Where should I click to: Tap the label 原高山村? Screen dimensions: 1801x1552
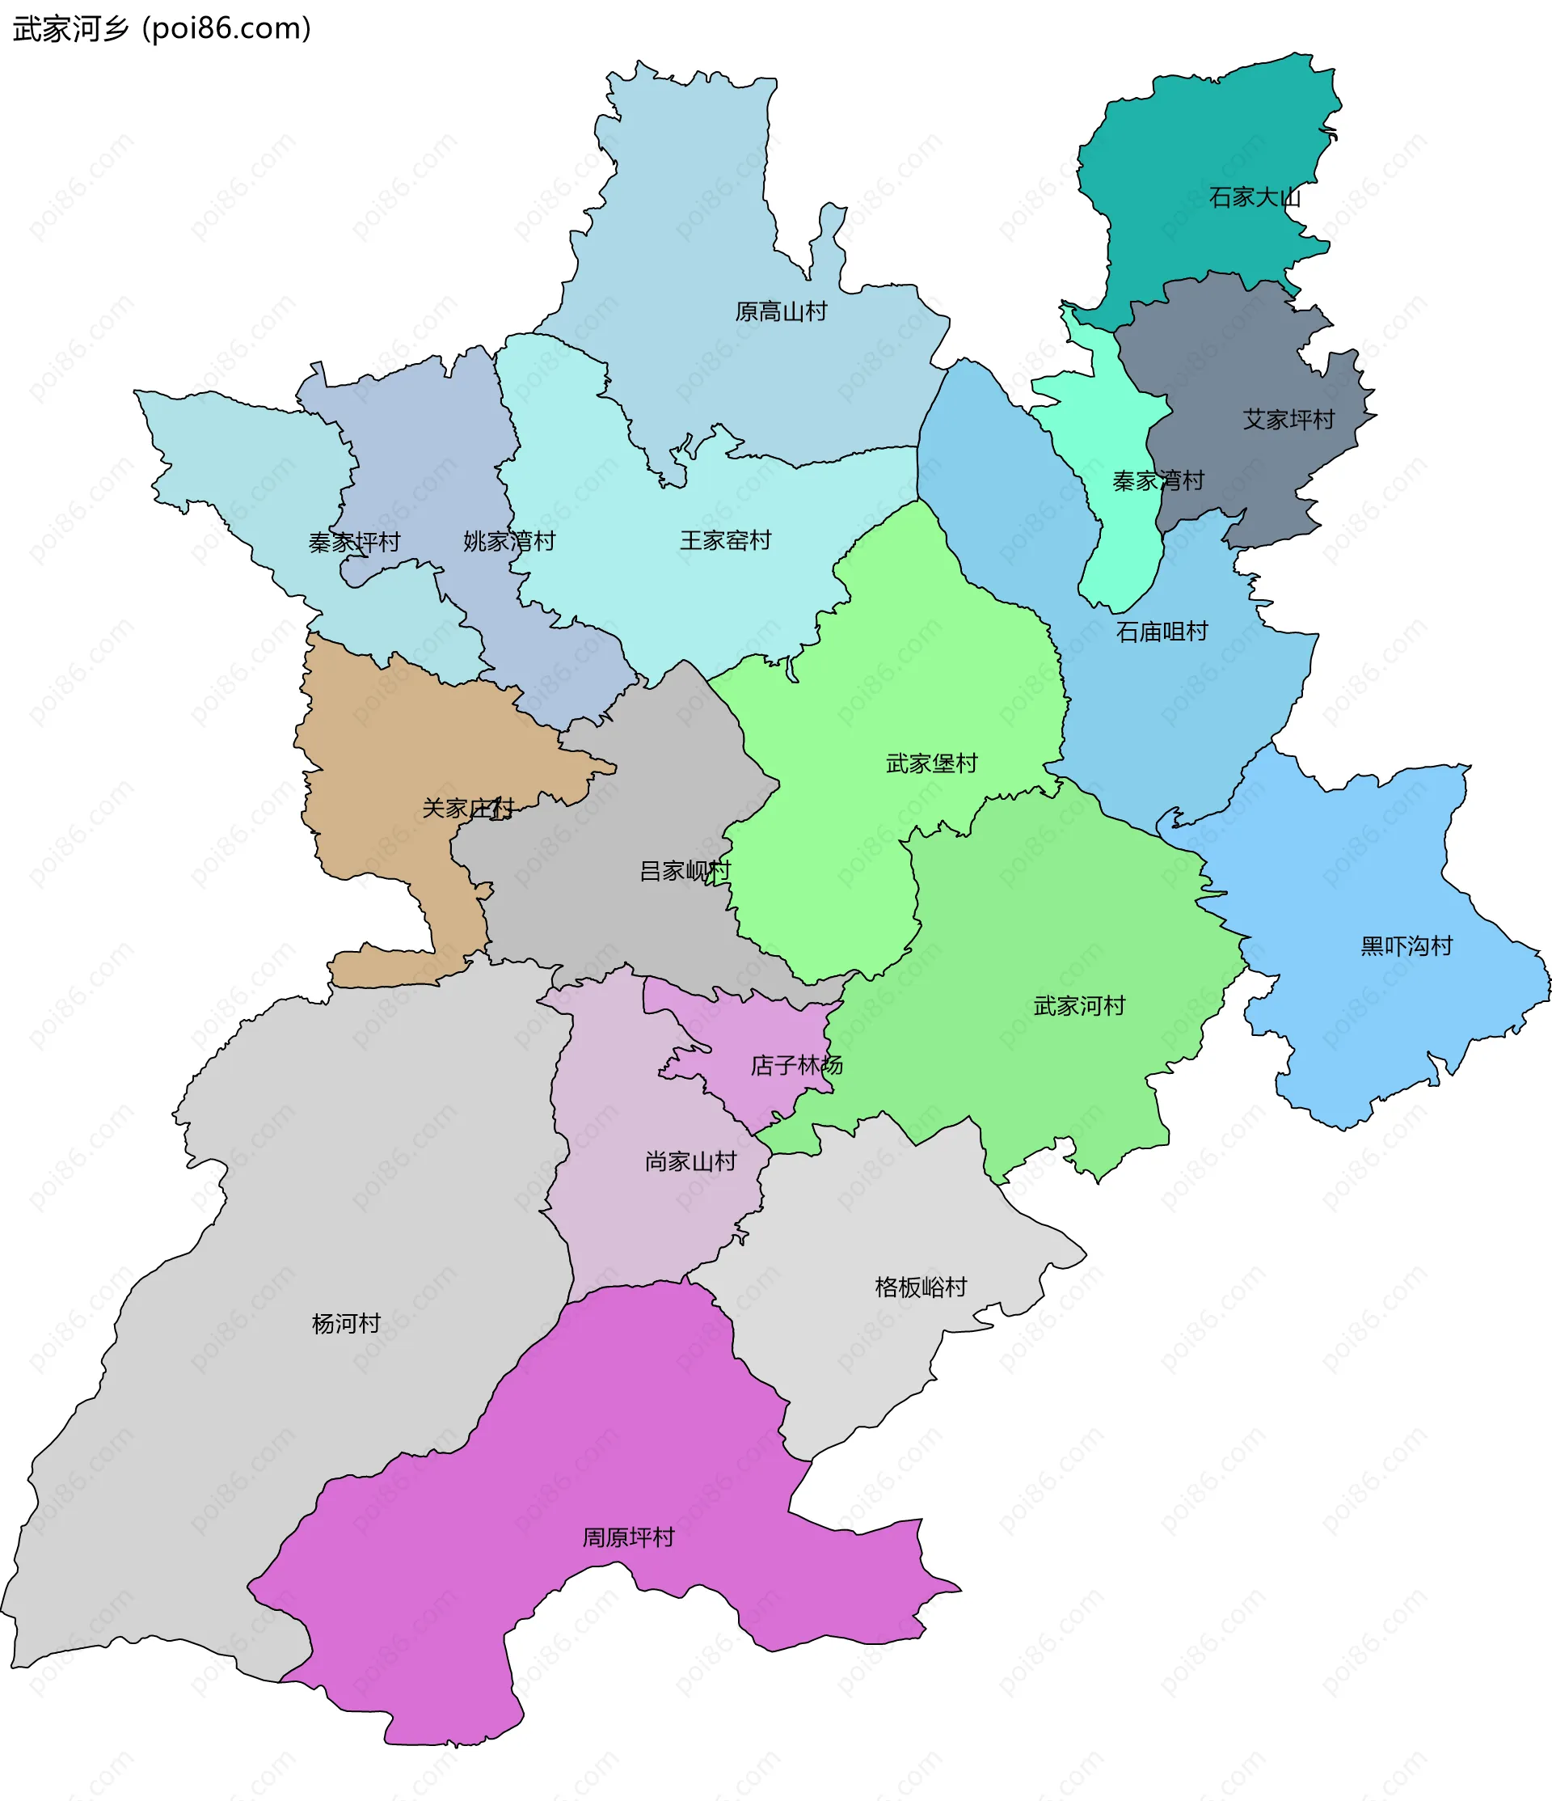click(x=780, y=311)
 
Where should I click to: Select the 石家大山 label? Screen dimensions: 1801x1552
click(x=1254, y=198)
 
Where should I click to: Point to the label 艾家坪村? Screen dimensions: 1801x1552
click(x=1288, y=420)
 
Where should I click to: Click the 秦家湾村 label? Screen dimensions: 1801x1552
click(x=1158, y=480)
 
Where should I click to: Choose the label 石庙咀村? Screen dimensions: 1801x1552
click(x=1161, y=632)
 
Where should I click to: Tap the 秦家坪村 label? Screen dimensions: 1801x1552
click(x=354, y=543)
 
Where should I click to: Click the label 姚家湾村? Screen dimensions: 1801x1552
click(x=508, y=542)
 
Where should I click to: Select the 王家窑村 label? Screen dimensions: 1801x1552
click(x=725, y=541)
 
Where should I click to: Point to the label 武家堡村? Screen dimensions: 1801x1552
click(x=931, y=763)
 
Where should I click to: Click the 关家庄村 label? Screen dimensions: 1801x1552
click(x=467, y=809)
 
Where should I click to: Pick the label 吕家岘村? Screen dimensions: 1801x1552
click(x=685, y=870)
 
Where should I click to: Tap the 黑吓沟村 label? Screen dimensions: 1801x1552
click(x=1406, y=945)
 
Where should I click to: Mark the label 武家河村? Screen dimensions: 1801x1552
click(x=1079, y=1006)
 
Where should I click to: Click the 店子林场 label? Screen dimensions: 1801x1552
click(x=796, y=1065)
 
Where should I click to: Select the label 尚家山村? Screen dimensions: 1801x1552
click(x=690, y=1161)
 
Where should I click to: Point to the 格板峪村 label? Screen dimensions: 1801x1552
click(x=920, y=1287)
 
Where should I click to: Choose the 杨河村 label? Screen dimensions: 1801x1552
click(x=346, y=1323)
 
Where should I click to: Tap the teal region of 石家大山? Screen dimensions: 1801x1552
click(x=1200, y=148)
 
